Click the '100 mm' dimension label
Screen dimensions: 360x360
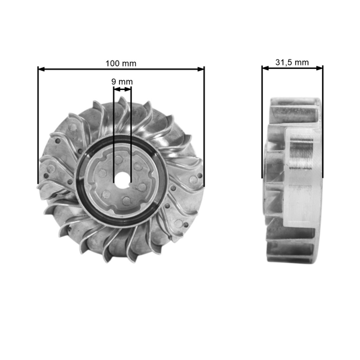tap(120, 63)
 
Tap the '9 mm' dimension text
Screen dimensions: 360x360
tap(122, 82)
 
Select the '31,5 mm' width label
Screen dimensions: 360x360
tap(292, 62)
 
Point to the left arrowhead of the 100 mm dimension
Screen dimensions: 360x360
tap(41, 69)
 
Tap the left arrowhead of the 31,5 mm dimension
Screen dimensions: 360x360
tap(265, 68)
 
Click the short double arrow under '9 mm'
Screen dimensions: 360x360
tap(122, 89)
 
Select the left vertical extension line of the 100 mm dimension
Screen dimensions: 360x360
tap(38, 126)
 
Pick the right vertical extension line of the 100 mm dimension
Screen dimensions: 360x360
tap(204, 126)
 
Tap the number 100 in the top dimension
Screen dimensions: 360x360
tap(113, 63)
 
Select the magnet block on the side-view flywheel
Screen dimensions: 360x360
tap(300, 180)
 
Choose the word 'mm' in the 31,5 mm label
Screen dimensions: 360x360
tap(301, 62)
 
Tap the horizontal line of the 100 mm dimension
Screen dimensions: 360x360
tap(78, 69)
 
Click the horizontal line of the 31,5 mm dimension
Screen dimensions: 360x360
tap(292, 68)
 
